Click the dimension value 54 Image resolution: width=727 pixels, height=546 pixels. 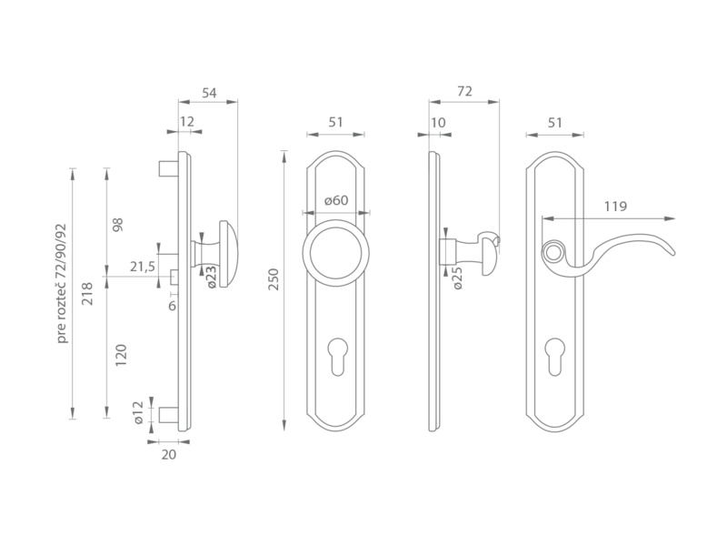209,94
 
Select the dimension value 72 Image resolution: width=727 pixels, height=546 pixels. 464,92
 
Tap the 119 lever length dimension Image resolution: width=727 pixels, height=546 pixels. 615,207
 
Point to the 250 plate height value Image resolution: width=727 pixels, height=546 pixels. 274,279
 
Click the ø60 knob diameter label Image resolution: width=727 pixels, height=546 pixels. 336,200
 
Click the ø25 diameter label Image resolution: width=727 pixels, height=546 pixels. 457,278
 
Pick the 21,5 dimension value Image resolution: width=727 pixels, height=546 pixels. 143,268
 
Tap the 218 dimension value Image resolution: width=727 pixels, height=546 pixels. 87,294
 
